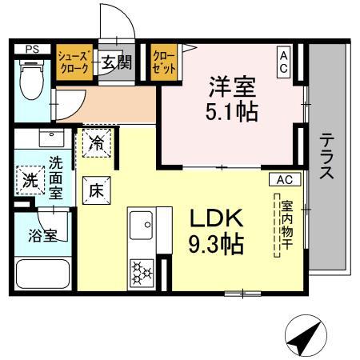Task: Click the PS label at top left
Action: click(32, 49)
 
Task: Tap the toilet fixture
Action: click(31, 85)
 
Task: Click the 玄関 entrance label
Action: click(116, 63)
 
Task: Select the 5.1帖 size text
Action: click(233, 111)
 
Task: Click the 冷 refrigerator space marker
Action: click(95, 145)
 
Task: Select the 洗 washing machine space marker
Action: click(30, 178)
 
